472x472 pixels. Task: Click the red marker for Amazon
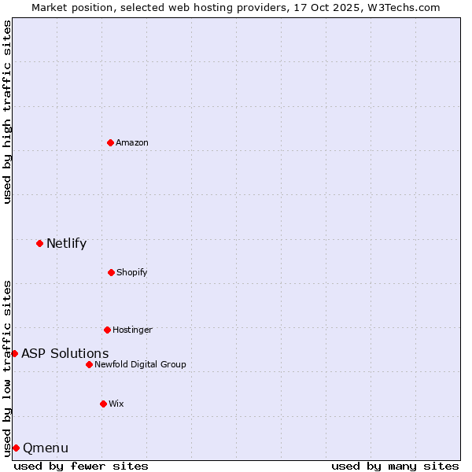111,142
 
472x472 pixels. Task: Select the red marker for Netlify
40,243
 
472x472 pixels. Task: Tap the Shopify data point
111,272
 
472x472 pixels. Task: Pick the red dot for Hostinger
107,330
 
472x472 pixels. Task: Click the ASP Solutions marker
14,353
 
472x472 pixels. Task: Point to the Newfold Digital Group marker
89,364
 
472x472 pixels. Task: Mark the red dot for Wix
103,404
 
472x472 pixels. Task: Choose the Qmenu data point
16,448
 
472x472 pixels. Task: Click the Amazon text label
132,142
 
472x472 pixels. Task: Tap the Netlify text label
66,243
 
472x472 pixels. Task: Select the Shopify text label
131,272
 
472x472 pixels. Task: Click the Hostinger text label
132,330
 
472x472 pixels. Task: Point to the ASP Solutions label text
65,353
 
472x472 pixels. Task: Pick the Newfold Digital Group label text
140,364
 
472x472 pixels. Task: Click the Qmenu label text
46,448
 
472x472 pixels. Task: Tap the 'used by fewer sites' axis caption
81,466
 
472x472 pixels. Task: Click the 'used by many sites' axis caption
395,466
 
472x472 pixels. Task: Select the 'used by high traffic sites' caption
7,112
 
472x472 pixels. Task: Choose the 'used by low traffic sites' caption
7,368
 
